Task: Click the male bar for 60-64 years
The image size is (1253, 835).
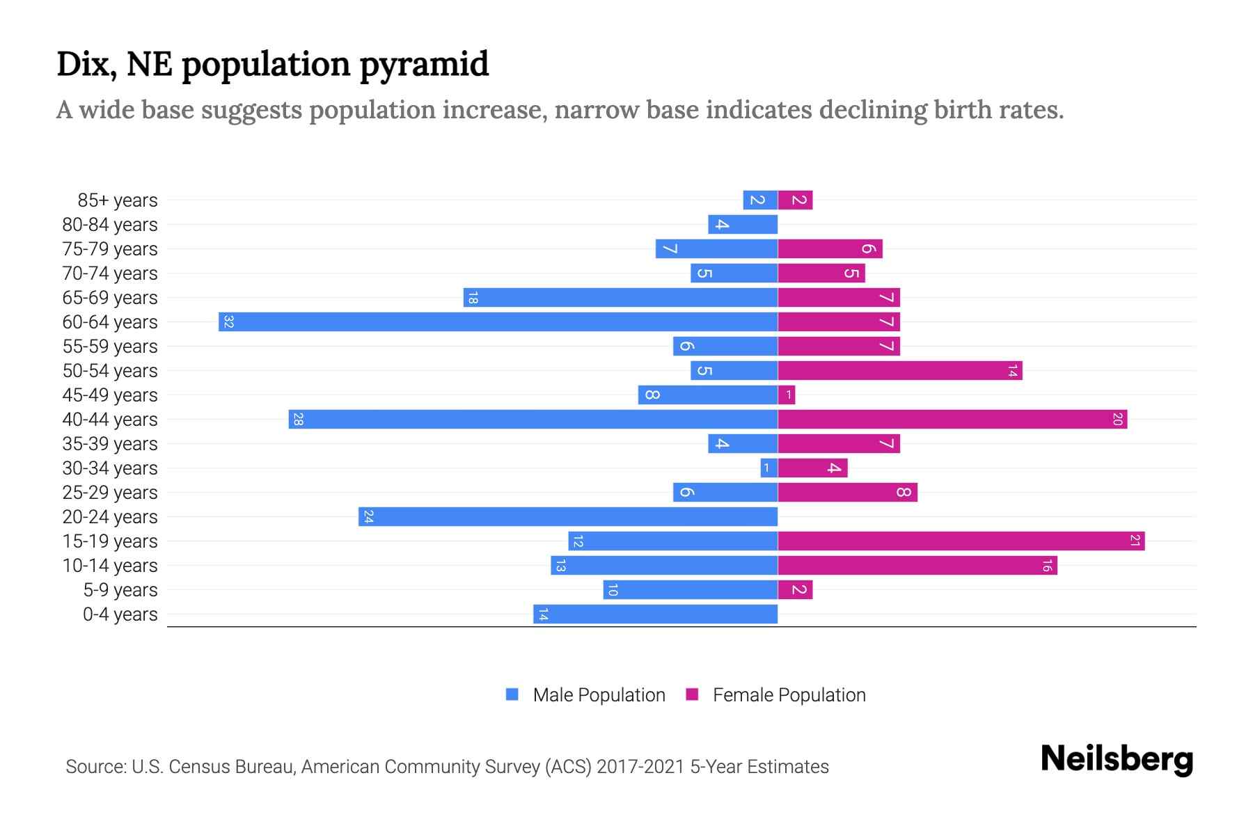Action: tap(498, 321)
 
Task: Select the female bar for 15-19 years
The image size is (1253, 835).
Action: tap(961, 541)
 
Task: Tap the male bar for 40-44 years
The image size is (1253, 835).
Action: tap(533, 419)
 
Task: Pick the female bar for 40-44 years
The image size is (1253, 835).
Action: tap(952, 419)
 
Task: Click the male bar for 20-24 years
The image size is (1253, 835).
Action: tap(567, 516)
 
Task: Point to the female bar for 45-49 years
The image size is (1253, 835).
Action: tap(787, 395)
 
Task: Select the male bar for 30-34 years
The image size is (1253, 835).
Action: tap(769, 468)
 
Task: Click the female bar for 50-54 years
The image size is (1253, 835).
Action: tap(899, 370)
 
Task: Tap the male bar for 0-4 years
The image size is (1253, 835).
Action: tap(654, 614)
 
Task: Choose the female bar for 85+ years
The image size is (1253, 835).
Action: tap(795, 200)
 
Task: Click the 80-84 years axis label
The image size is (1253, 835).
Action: tap(110, 225)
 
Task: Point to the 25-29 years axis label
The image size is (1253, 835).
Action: tap(110, 493)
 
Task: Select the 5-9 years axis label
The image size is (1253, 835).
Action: tap(120, 590)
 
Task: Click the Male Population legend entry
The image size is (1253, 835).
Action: tap(599, 694)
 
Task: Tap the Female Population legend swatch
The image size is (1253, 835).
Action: tap(692, 694)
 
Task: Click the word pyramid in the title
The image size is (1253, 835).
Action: tap(424, 64)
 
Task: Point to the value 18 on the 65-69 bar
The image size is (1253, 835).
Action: tap(473, 298)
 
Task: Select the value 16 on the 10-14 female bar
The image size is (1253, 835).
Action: tap(1046, 566)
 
